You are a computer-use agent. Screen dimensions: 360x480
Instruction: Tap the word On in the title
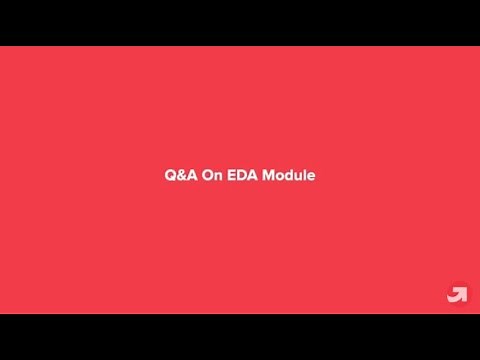click(x=211, y=175)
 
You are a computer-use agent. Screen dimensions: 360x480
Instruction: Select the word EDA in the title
click(x=243, y=175)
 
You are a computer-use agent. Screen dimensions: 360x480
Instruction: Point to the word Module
click(x=290, y=175)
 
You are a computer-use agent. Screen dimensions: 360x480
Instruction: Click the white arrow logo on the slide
click(x=457, y=294)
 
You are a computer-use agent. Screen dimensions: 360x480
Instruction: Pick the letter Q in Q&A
click(x=170, y=175)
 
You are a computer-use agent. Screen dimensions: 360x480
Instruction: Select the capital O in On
click(x=207, y=175)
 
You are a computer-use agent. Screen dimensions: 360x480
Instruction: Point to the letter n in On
click(x=217, y=176)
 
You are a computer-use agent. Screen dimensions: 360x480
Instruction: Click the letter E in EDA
click(x=232, y=175)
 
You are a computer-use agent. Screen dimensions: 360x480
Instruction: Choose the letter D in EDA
click(x=242, y=175)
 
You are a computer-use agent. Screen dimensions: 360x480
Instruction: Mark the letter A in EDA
click(x=253, y=175)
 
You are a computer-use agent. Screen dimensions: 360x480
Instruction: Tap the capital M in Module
click(x=270, y=175)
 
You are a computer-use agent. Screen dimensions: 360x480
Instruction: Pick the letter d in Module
click(x=291, y=175)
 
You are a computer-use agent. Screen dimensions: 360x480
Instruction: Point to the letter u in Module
click(x=300, y=176)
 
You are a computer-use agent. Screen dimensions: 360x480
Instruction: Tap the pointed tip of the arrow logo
click(x=464, y=289)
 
